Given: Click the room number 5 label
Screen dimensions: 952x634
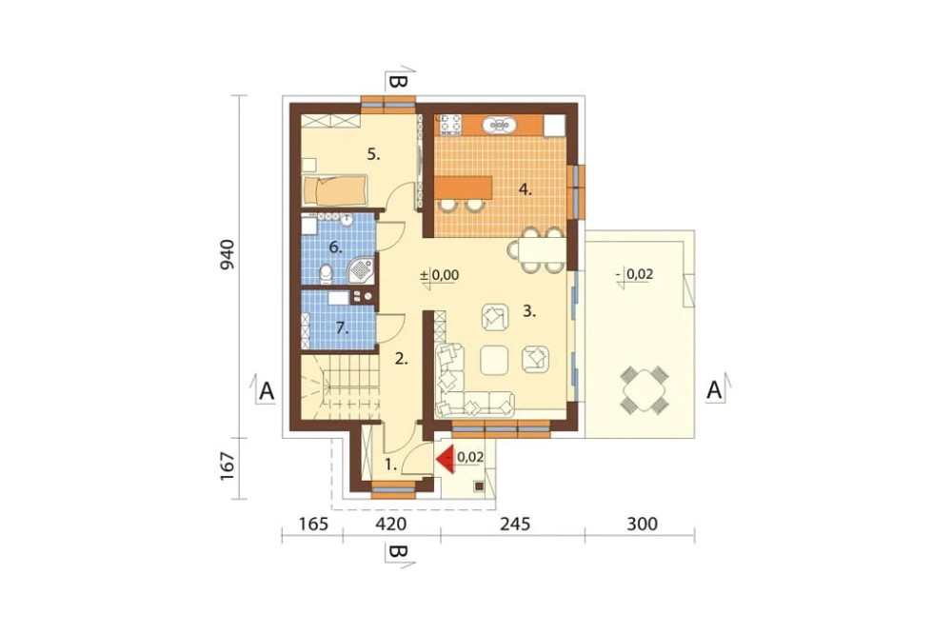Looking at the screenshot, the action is (x=373, y=155).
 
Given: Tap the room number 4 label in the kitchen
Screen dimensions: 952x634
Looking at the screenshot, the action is (x=526, y=189).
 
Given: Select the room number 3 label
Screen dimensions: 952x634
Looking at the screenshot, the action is (x=529, y=311).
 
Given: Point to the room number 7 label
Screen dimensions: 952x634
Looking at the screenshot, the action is (x=342, y=328).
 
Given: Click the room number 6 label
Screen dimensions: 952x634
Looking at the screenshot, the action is (x=336, y=248).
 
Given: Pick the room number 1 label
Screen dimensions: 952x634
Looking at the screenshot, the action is (x=391, y=466).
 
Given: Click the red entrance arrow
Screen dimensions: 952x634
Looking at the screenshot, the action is (x=446, y=460).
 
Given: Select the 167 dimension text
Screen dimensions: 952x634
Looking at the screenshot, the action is (x=227, y=466).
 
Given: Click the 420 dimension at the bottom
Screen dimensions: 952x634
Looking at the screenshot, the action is (x=390, y=524).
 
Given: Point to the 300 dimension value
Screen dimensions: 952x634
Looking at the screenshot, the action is (x=642, y=524).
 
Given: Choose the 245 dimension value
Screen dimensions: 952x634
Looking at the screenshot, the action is (x=514, y=524).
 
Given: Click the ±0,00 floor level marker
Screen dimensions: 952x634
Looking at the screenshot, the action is (x=440, y=275).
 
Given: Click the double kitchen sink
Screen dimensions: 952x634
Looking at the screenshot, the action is (x=499, y=125).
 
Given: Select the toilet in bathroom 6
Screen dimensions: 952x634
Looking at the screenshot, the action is (x=326, y=273).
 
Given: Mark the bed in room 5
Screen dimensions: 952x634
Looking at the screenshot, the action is (x=334, y=190).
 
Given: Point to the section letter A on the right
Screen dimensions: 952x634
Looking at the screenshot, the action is (x=715, y=390).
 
